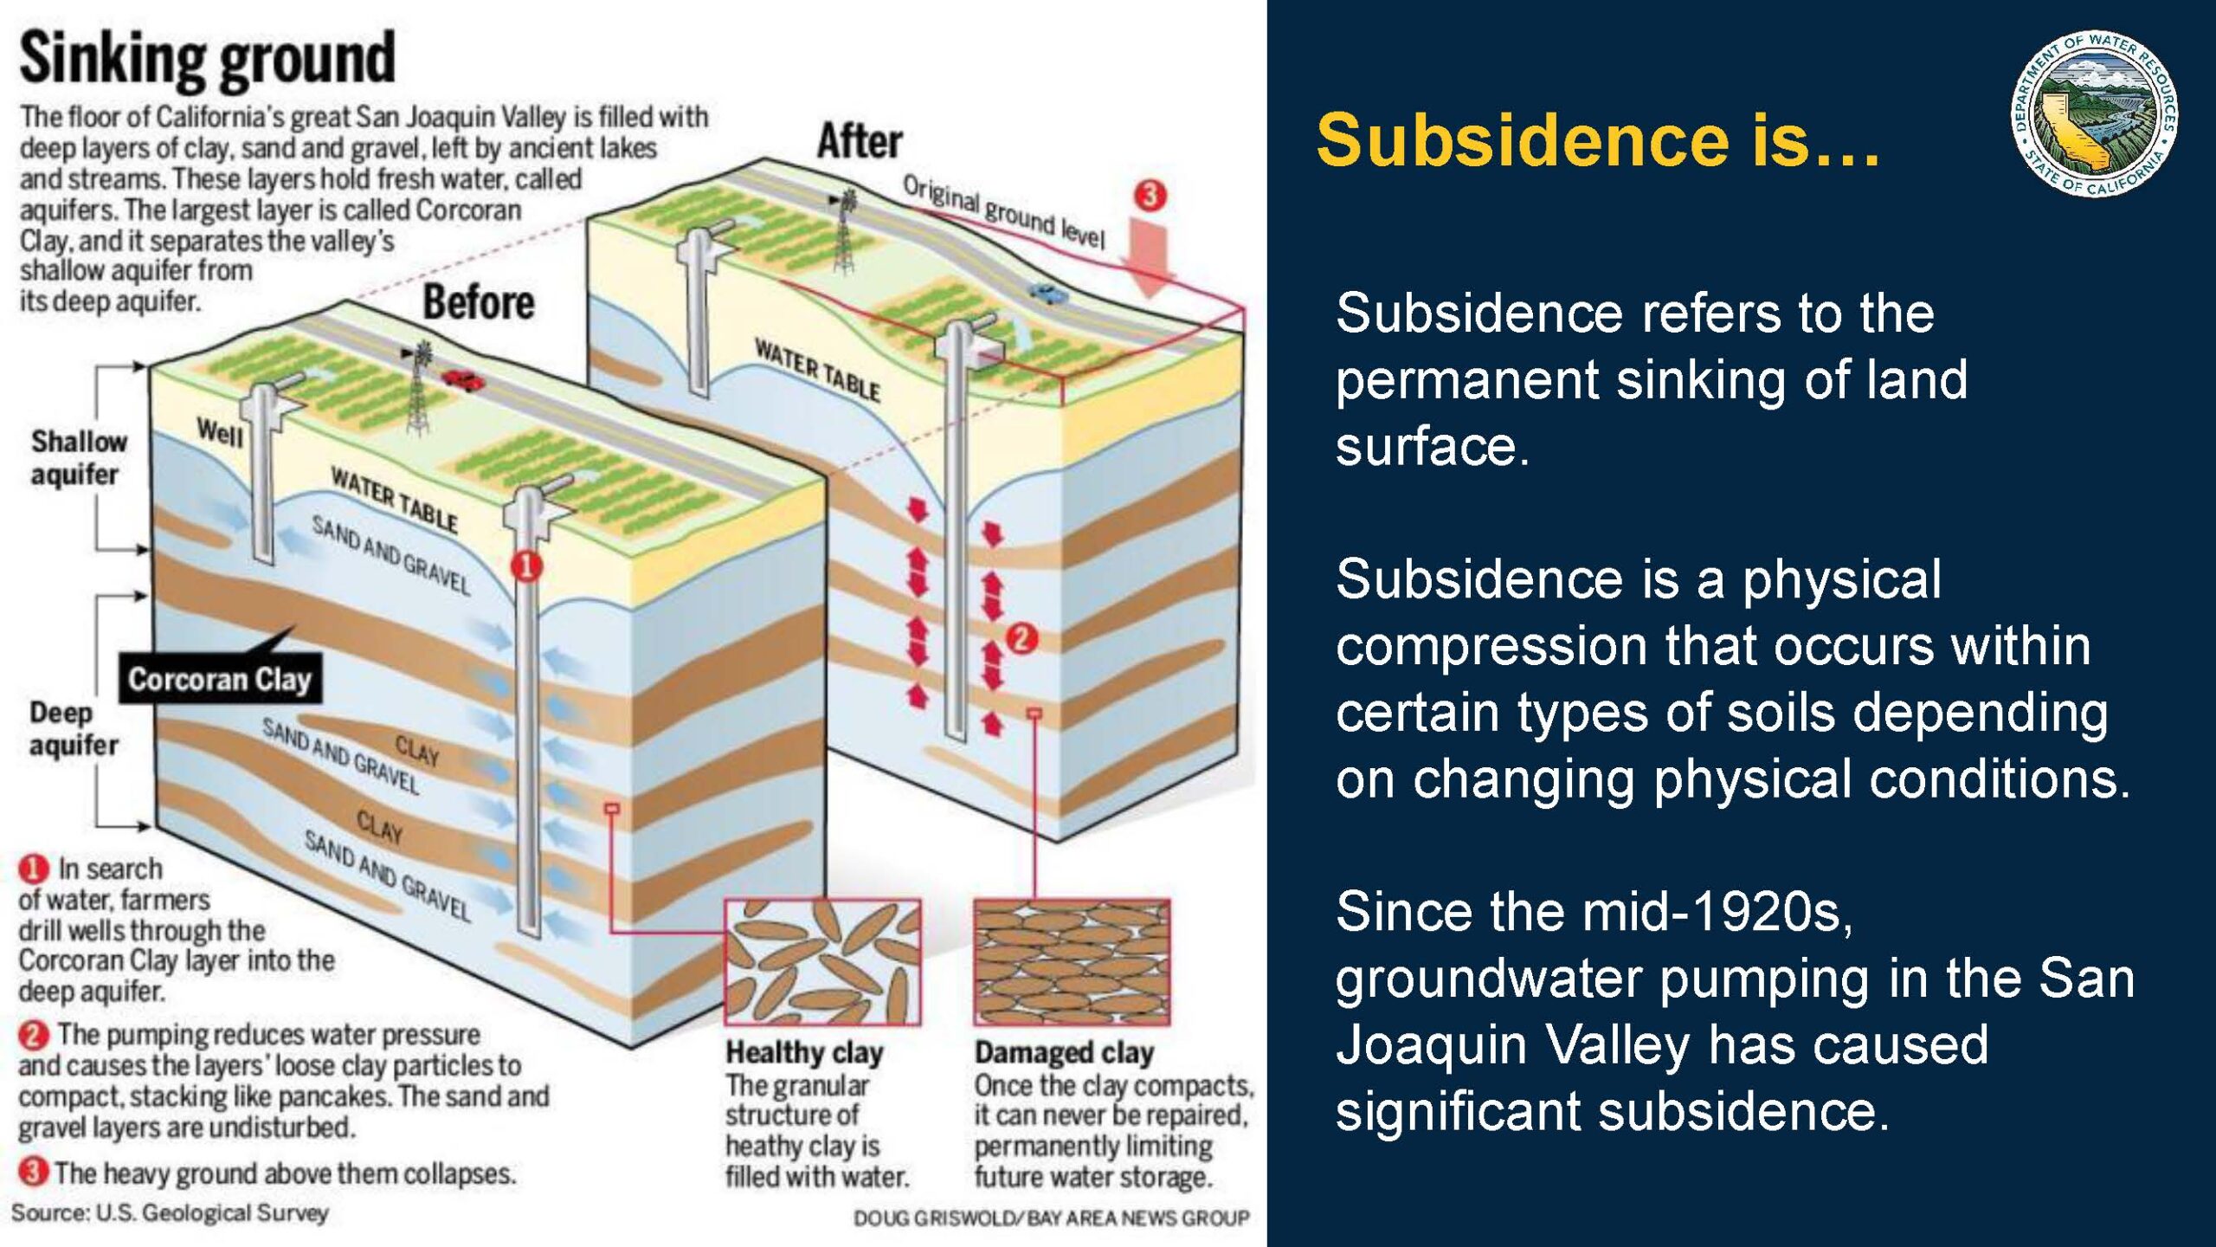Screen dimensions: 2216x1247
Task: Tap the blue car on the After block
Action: point(1048,294)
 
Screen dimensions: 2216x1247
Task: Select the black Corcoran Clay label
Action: point(220,679)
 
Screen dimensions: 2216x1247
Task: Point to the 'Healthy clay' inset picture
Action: point(822,961)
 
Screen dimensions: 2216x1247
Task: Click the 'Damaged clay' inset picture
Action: point(1072,961)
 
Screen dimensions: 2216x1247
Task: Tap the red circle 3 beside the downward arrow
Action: point(1150,196)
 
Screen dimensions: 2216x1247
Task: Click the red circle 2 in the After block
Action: point(1021,639)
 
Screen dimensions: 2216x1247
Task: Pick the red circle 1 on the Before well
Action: point(526,566)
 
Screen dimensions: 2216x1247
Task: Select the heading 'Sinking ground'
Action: point(207,58)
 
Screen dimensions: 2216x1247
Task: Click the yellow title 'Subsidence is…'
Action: point(1598,139)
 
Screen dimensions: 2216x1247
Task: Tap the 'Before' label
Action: point(479,302)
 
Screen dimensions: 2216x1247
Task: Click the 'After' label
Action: point(860,141)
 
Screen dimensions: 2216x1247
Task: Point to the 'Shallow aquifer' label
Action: point(79,457)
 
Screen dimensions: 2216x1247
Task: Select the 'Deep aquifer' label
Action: point(74,728)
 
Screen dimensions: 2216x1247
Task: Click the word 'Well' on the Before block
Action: point(220,432)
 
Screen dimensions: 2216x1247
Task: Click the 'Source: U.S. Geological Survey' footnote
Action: point(170,1212)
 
